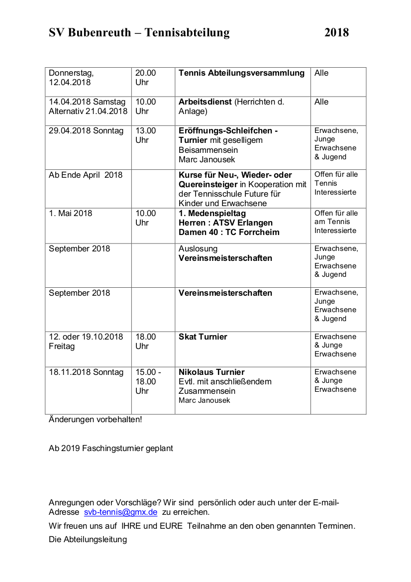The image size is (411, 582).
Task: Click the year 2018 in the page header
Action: coord(336,33)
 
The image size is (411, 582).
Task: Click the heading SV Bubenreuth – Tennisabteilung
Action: coord(139,33)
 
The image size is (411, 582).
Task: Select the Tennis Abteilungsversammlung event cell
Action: coord(241,73)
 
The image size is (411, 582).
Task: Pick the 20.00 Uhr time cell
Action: coord(145,78)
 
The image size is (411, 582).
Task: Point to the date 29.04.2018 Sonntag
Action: coord(86,131)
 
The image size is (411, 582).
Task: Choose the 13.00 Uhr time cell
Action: coord(145,135)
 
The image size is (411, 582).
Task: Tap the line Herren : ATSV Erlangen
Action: coord(225,223)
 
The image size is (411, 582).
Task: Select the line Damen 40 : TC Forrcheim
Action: coord(229,233)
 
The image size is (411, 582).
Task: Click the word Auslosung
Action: coord(198,249)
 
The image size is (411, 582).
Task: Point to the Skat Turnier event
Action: coord(203,337)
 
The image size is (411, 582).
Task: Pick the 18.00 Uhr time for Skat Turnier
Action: coord(145,342)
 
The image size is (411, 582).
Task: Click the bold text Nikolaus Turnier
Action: coord(211,372)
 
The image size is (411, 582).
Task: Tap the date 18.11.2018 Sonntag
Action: coord(86,372)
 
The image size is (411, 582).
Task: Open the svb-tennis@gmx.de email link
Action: coord(120,512)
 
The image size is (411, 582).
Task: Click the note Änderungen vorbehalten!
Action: coord(95,419)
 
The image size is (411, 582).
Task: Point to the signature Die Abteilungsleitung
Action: coord(88,540)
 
